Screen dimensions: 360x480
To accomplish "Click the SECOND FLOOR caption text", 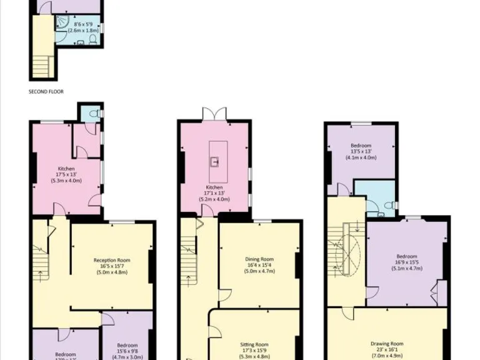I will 46,91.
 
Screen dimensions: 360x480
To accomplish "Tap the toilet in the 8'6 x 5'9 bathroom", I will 92,40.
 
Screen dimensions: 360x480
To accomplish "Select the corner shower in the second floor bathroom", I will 63,24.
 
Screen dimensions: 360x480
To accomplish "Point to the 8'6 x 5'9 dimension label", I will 79,26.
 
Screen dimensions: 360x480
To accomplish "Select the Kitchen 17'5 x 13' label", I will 66,175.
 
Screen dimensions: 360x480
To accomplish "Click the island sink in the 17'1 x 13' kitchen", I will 215,162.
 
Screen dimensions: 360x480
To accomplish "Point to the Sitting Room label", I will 254,348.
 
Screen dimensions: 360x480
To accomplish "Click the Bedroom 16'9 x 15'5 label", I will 406,262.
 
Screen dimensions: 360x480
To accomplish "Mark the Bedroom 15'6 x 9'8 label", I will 127,349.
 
